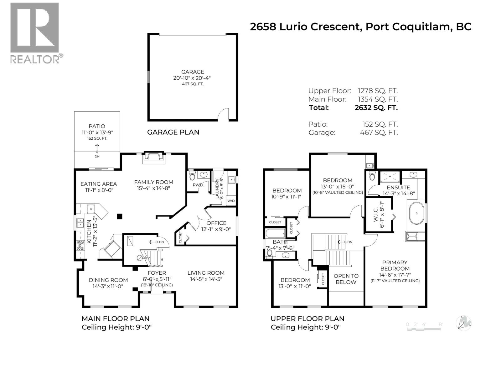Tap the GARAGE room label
tap(193, 72)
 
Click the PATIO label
tap(97, 126)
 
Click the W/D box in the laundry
tap(231, 201)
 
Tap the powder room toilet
tap(192, 176)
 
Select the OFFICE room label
tap(216, 223)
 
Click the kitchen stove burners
tap(80, 245)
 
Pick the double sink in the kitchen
tap(80, 223)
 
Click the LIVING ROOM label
tap(206, 273)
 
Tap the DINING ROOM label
tap(108, 280)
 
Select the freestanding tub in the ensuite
tap(416, 213)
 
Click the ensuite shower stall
tap(390, 177)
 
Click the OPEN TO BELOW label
tap(346, 279)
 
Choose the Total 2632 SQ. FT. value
tap(376, 107)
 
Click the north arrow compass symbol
tap(463, 323)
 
